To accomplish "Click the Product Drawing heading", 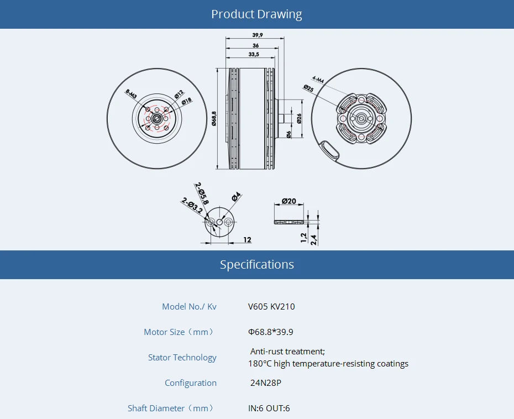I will coord(256,14).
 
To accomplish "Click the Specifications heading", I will coord(256,264).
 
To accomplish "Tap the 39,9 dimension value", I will coord(258,35).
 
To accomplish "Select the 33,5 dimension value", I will coord(254,54).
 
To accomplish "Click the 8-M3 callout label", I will coord(131,94).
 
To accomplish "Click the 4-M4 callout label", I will coord(318,80).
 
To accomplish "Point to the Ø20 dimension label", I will coord(289,201).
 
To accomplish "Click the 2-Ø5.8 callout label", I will coord(202,193).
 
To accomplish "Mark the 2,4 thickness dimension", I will coord(313,239).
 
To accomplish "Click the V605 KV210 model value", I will coord(271,306).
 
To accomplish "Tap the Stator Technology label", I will coord(182,357).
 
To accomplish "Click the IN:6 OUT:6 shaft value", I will coord(269,408).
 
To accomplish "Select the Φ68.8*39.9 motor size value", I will coord(271,332).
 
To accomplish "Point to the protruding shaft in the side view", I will coord(283,118).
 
